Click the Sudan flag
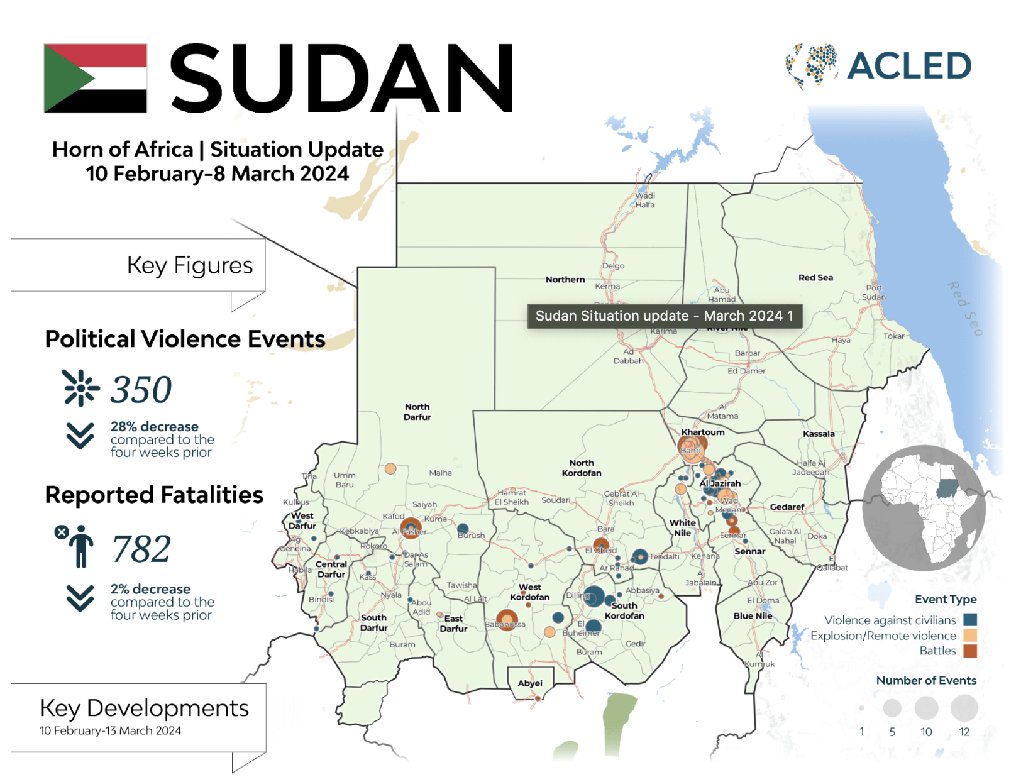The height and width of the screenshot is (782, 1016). (96, 78)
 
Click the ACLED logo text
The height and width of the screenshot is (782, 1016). (908, 66)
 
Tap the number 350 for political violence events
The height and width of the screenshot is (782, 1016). (141, 389)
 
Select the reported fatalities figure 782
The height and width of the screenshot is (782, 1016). (141, 549)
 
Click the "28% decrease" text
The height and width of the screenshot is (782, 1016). (154, 427)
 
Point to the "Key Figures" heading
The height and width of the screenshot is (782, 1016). (189, 265)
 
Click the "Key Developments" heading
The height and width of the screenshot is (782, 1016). (144, 708)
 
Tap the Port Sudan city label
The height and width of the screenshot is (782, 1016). (874, 292)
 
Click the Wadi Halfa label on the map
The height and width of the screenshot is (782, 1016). (645, 200)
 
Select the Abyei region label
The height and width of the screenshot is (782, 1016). (530, 683)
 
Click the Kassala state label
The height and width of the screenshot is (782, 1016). (819, 434)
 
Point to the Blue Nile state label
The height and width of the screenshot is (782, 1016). (753, 616)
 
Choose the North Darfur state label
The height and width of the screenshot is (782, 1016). (417, 412)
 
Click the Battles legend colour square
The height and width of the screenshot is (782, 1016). (970, 651)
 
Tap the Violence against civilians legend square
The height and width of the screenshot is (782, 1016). (970, 620)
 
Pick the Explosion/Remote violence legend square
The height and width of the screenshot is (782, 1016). (970, 636)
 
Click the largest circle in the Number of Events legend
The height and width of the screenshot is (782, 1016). (964, 708)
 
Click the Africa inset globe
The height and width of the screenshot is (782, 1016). (924, 508)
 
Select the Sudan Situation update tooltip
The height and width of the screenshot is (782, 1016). (665, 316)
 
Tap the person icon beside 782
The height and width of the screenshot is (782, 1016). (80, 547)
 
